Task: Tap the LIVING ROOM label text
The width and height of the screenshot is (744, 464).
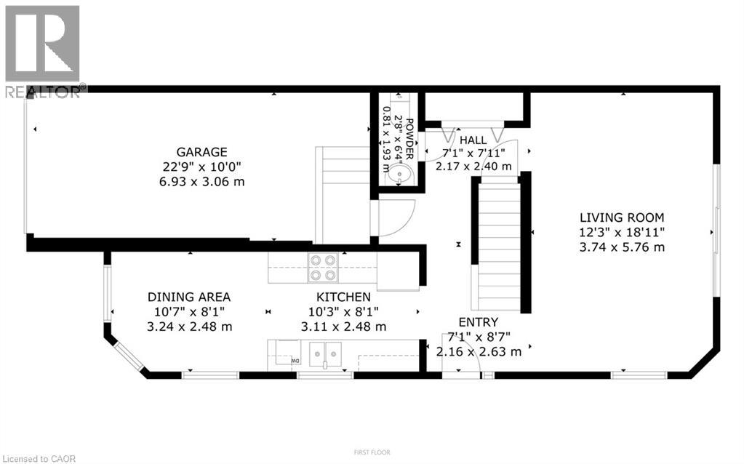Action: pos(621,217)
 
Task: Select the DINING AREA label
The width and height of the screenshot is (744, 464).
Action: pos(189,297)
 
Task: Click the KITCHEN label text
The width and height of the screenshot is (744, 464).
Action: pos(343,297)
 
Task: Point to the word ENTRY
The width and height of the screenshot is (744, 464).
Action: pos(478,322)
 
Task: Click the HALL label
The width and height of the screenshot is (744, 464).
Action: pos(473,140)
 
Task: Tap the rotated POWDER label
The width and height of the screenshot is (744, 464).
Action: pos(409,138)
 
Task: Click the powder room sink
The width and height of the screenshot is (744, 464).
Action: pos(399,175)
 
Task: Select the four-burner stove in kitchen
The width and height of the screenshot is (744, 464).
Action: pos(324,267)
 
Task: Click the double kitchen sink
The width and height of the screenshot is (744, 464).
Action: pos(325,355)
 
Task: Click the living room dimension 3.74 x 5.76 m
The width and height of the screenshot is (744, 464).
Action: pos(621,247)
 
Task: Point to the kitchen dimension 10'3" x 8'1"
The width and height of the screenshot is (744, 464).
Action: pos(343,312)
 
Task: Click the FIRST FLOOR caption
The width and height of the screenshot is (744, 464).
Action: pos(372,452)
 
